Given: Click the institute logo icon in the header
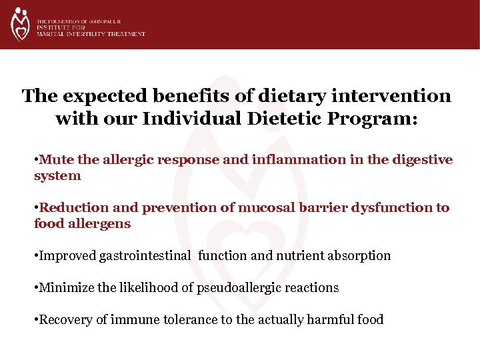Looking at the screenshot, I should [20, 24].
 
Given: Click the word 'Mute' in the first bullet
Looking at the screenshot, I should [51, 160].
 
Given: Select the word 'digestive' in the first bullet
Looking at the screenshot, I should [421, 160].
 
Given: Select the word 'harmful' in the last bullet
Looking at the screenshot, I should [330, 319].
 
